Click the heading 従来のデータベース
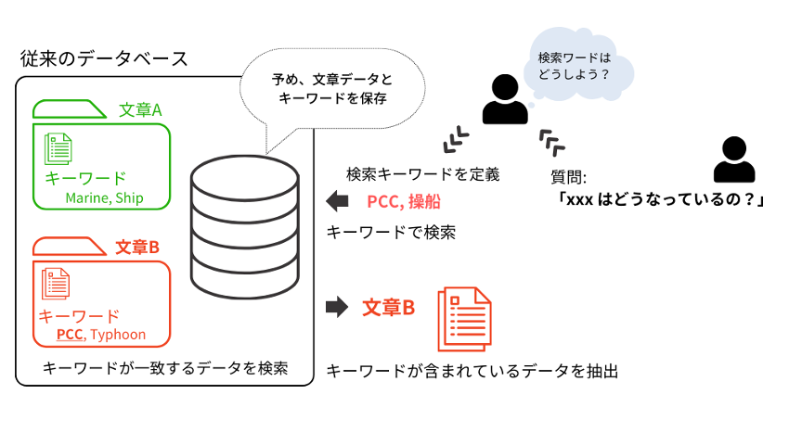pyautogui.click(x=105, y=58)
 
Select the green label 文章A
pyautogui.click(x=141, y=110)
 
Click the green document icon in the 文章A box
pyautogui.click(x=59, y=149)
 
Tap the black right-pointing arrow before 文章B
pyautogui.click(x=337, y=306)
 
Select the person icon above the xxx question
pyautogui.click(x=733, y=159)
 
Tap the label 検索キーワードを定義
pyautogui.click(x=422, y=174)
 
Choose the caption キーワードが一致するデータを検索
pyautogui.click(x=165, y=368)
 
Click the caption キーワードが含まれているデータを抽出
pyautogui.click(x=472, y=372)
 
